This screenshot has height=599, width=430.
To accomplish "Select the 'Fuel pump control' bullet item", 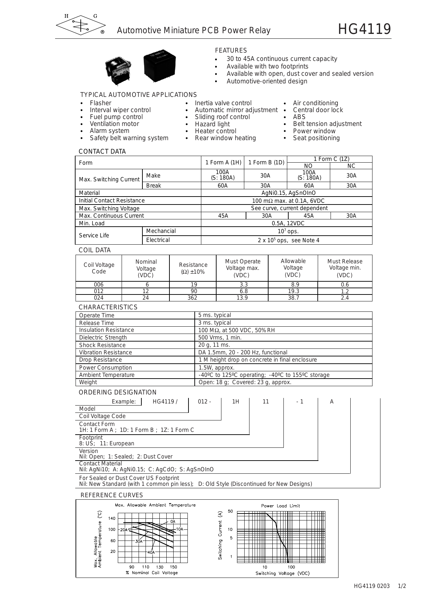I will coord(116,117).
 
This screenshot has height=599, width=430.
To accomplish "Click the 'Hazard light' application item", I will coord(212,124).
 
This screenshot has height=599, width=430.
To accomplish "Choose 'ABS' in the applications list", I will coord(299,117).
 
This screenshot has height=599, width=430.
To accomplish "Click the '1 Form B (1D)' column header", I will coord(266,163).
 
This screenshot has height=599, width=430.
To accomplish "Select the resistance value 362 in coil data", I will coord(192,298).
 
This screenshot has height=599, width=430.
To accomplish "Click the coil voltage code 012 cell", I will coord(99,291).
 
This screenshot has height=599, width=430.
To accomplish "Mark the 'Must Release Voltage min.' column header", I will coord(345,268).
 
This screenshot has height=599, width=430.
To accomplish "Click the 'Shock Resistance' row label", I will coord(102,345).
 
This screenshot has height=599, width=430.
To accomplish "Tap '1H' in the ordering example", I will coord(236,402).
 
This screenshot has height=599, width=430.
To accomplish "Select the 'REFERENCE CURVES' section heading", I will coord(112,496).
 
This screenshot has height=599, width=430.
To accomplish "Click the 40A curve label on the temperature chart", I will coord(151,553).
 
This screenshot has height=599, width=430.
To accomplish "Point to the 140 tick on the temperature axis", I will coord(112,518).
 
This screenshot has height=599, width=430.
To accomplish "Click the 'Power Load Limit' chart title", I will coord(280,506).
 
